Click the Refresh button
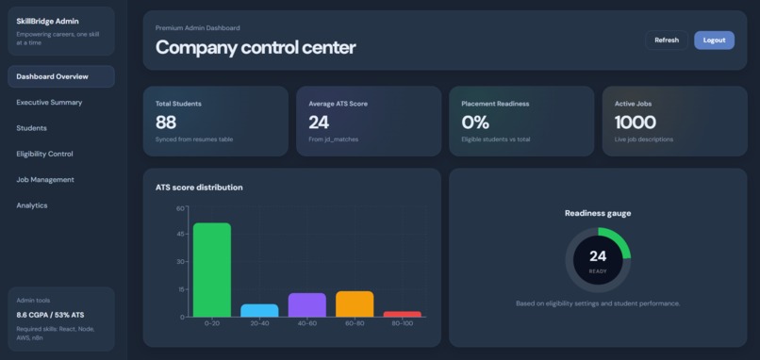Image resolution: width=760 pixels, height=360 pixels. tap(667, 41)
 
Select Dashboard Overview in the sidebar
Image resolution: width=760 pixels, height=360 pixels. tap(61, 76)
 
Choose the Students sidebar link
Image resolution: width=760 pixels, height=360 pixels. tap(31, 128)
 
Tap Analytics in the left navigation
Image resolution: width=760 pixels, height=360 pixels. tap(31, 205)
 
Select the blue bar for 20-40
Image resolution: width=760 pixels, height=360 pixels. tap(259, 310)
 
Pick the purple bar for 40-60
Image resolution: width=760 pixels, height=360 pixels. tap(306, 304)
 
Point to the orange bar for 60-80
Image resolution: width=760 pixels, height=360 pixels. tap(355, 303)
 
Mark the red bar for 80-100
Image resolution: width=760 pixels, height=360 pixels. tap(402, 314)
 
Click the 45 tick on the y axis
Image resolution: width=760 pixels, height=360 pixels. tap(180, 236)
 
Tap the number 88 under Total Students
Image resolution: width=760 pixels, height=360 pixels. tap(166, 123)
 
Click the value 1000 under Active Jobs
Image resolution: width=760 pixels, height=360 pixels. tap(635, 123)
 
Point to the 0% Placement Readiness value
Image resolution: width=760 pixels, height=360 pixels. tap(475, 123)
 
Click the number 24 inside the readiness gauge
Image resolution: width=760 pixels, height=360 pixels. tap(598, 256)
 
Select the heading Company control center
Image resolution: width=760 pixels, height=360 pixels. tap(256, 47)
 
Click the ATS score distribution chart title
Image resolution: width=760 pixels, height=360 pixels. tap(199, 188)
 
